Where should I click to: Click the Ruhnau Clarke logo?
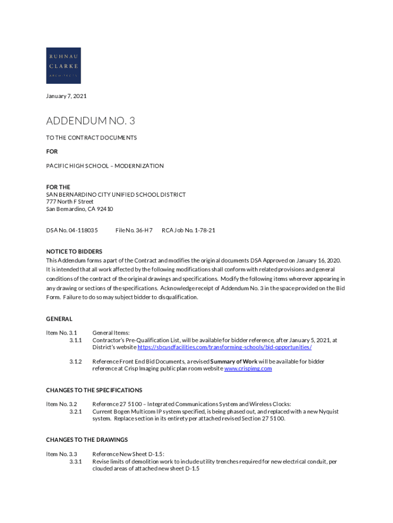(63, 65)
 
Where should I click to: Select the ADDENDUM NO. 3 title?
(90, 121)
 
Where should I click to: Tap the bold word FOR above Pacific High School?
(52, 152)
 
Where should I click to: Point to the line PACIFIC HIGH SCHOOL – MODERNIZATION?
(105, 166)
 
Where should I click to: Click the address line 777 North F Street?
(70, 202)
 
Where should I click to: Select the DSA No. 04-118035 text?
(72, 230)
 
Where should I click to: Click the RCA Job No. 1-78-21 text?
(188, 230)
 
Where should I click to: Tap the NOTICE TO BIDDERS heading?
(74, 251)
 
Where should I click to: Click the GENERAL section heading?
(59, 319)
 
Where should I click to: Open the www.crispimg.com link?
(248, 368)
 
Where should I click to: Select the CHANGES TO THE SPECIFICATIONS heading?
(94, 390)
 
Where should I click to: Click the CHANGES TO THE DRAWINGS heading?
(87, 440)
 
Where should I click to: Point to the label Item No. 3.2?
(61, 404)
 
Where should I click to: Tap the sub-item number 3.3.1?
(76, 461)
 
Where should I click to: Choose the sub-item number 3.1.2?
(76, 361)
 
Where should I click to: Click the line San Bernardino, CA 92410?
(79, 209)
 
